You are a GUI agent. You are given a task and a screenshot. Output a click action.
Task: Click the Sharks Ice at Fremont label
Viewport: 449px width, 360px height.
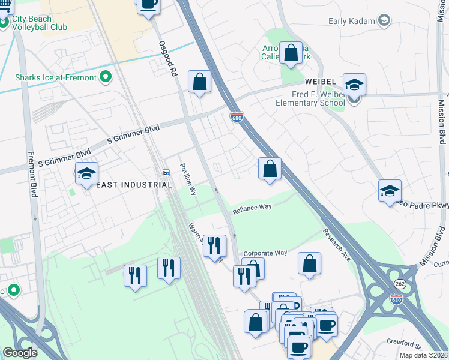55,77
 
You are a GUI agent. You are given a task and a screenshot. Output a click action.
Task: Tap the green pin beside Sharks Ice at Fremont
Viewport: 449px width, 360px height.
106,77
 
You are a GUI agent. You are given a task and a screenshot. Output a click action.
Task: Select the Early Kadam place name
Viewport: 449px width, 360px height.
351,22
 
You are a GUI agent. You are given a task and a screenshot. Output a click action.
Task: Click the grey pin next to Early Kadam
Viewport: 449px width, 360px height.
384,22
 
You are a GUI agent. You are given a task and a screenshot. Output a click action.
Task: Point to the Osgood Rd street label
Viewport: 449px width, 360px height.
169,59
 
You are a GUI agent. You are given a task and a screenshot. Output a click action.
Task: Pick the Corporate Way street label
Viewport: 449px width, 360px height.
265,253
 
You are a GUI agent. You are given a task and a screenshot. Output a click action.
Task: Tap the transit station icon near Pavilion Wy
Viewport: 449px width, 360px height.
166,173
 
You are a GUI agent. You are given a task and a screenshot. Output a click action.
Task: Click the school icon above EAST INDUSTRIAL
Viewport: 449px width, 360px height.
86,173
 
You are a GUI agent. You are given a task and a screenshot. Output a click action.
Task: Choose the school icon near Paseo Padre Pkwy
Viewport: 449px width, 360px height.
390,191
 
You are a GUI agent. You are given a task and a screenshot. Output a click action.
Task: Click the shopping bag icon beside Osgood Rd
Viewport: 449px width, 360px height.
199,82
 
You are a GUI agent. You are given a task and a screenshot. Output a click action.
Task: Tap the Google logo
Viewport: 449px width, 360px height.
20,353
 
